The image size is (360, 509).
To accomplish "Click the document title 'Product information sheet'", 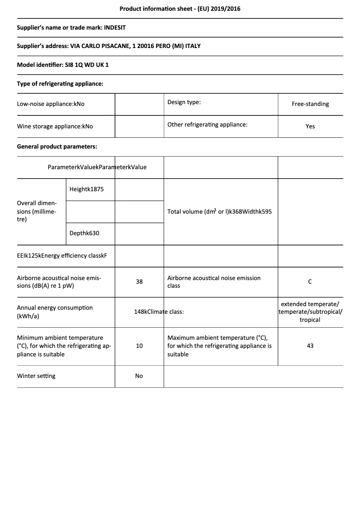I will pos(180,9).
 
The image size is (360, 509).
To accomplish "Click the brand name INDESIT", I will pos(115,27).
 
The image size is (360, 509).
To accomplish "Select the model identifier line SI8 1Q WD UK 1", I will pos(63,65).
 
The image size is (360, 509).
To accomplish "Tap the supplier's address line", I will pos(109,46).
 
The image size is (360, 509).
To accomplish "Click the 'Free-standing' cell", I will pos(310,104).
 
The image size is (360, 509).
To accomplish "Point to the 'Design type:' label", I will pos(184,102).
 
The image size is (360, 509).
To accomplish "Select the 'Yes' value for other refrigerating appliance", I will pos(310,126).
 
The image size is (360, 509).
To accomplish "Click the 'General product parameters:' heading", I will pos(57,146).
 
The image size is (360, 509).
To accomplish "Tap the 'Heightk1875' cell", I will pos(87,189).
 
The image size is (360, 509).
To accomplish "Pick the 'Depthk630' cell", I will pos(84,233).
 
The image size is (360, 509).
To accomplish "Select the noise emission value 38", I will pos(139,281).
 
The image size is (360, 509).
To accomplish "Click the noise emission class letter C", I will pos(310,281).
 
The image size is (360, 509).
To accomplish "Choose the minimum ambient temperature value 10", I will pos(139,346).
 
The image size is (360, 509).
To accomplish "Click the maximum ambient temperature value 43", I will pos(310,346).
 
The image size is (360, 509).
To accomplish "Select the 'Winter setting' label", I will pos(36,376).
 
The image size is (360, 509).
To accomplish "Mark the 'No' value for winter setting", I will pos(139,376).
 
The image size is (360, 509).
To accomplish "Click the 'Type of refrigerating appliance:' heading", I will pos(60,83).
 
